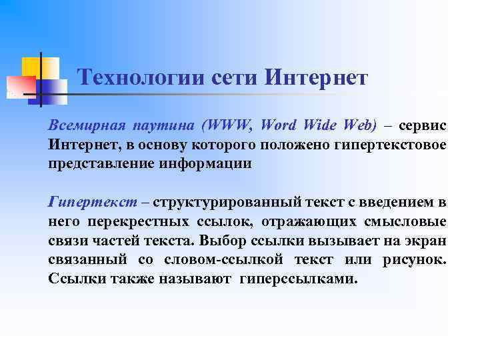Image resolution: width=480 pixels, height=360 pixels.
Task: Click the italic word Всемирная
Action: pos(84,125)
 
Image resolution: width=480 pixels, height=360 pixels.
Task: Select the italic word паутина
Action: pos(163,125)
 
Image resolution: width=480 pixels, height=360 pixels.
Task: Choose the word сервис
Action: pos(423,125)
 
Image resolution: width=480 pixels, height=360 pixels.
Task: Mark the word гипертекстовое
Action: pos(393,145)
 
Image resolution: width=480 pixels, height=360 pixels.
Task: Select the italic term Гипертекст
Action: pos(93,202)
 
